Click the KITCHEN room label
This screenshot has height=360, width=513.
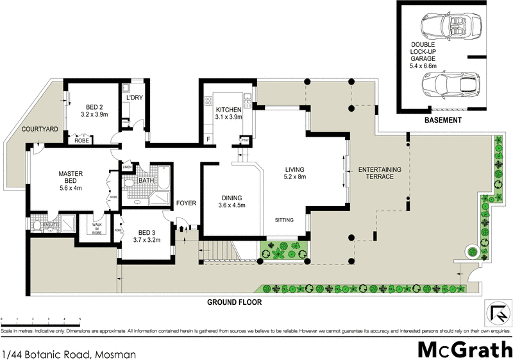point(228,109)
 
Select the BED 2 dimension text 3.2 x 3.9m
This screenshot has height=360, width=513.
point(94,114)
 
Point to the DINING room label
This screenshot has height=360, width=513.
point(231,198)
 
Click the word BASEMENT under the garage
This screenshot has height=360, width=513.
point(442,121)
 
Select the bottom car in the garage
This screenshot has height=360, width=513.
point(449,85)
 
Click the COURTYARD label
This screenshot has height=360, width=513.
point(40,129)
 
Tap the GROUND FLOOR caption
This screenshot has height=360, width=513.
point(233,301)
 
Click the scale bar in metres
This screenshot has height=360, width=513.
point(40,319)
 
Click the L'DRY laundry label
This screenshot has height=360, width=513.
point(135,98)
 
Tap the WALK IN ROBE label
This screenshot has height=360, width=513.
point(97,228)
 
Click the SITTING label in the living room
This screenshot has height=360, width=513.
point(283,220)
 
